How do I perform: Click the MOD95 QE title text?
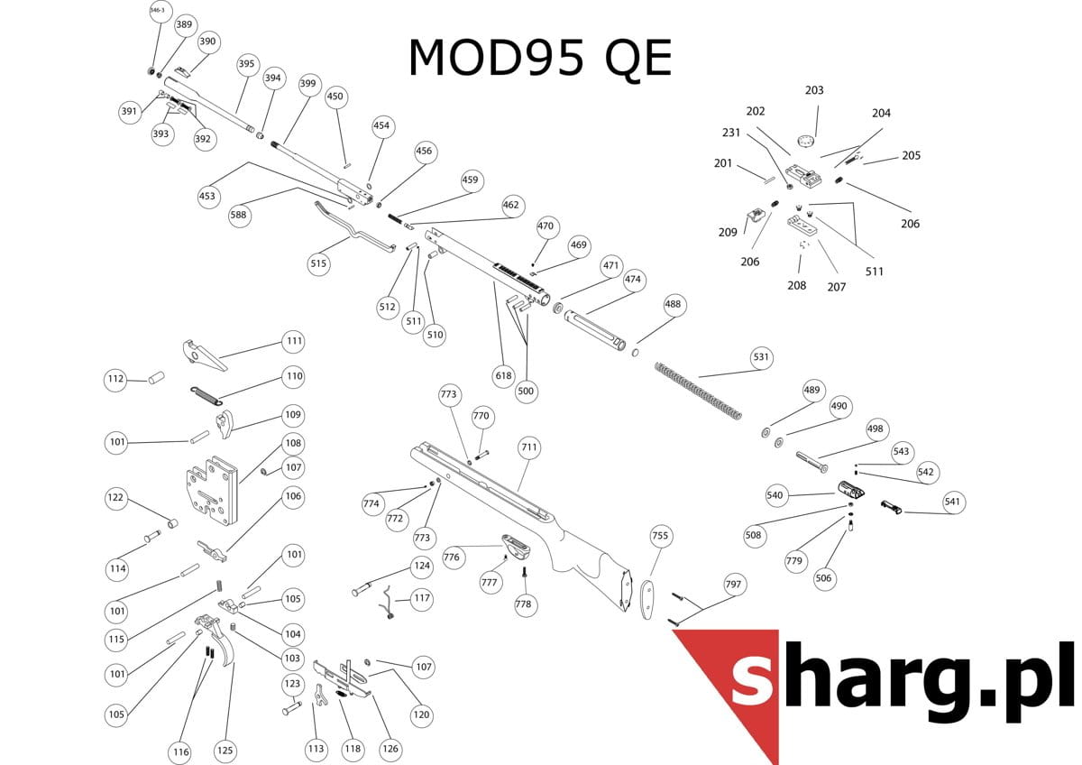point(540,58)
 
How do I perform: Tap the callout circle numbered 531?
point(761,357)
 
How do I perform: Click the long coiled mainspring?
point(698,391)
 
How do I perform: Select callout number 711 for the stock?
point(529,447)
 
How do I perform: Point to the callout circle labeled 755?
point(660,536)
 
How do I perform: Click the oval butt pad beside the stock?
point(647,600)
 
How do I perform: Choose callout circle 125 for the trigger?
point(225,751)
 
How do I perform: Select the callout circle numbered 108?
point(293,443)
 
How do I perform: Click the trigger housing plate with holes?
point(212,491)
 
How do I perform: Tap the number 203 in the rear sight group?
point(814,90)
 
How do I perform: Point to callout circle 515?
point(318,263)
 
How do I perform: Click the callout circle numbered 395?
point(246,64)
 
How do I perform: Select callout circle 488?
point(673,304)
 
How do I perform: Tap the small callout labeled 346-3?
point(158,11)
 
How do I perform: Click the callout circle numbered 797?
point(733,585)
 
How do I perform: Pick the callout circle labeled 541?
point(952,502)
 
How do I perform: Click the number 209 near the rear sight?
point(728,233)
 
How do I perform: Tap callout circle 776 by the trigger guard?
point(452,558)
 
